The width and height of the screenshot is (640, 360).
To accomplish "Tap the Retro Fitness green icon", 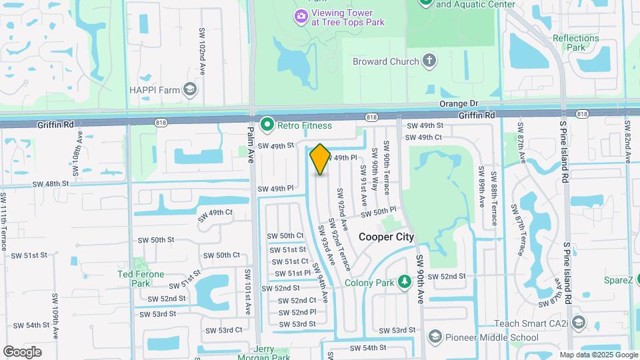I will (x=267, y=125).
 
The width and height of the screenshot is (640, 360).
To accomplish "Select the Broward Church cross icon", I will (x=430, y=61).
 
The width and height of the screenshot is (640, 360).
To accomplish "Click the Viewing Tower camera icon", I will (x=301, y=15).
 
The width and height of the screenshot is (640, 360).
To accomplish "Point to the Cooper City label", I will (x=387, y=237).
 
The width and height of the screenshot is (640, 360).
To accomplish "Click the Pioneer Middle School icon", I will (x=435, y=335).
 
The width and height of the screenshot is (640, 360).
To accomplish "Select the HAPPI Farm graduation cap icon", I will (x=191, y=89).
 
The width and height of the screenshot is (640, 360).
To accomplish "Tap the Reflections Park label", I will (x=576, y=43).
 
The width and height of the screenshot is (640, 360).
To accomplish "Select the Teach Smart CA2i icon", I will (x=577, y=323).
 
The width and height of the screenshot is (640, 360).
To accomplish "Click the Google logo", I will (x=22, y=351).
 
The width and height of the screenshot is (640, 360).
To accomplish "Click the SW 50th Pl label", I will (x=379, y=212).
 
